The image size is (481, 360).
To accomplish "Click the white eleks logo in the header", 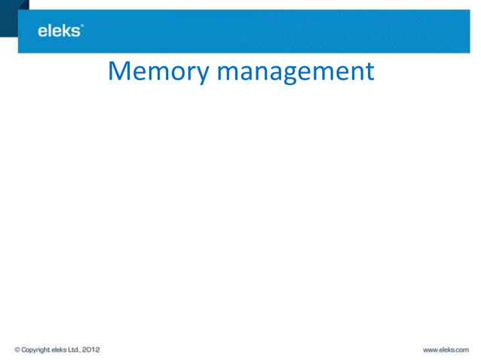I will [x=59, y=31].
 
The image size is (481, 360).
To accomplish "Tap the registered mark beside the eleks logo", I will [x=82, y=26].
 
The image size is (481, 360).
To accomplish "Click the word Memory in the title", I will [x=159, y=72].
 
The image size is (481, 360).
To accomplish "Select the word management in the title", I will [x=295, y=72].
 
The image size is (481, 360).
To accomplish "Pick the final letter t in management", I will [x=369, y=72].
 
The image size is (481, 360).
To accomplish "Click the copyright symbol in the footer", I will [x=17, y=349].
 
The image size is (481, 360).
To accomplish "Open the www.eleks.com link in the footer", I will [x=446, y=349].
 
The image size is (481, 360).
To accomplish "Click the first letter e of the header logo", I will [x=43, y=32].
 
